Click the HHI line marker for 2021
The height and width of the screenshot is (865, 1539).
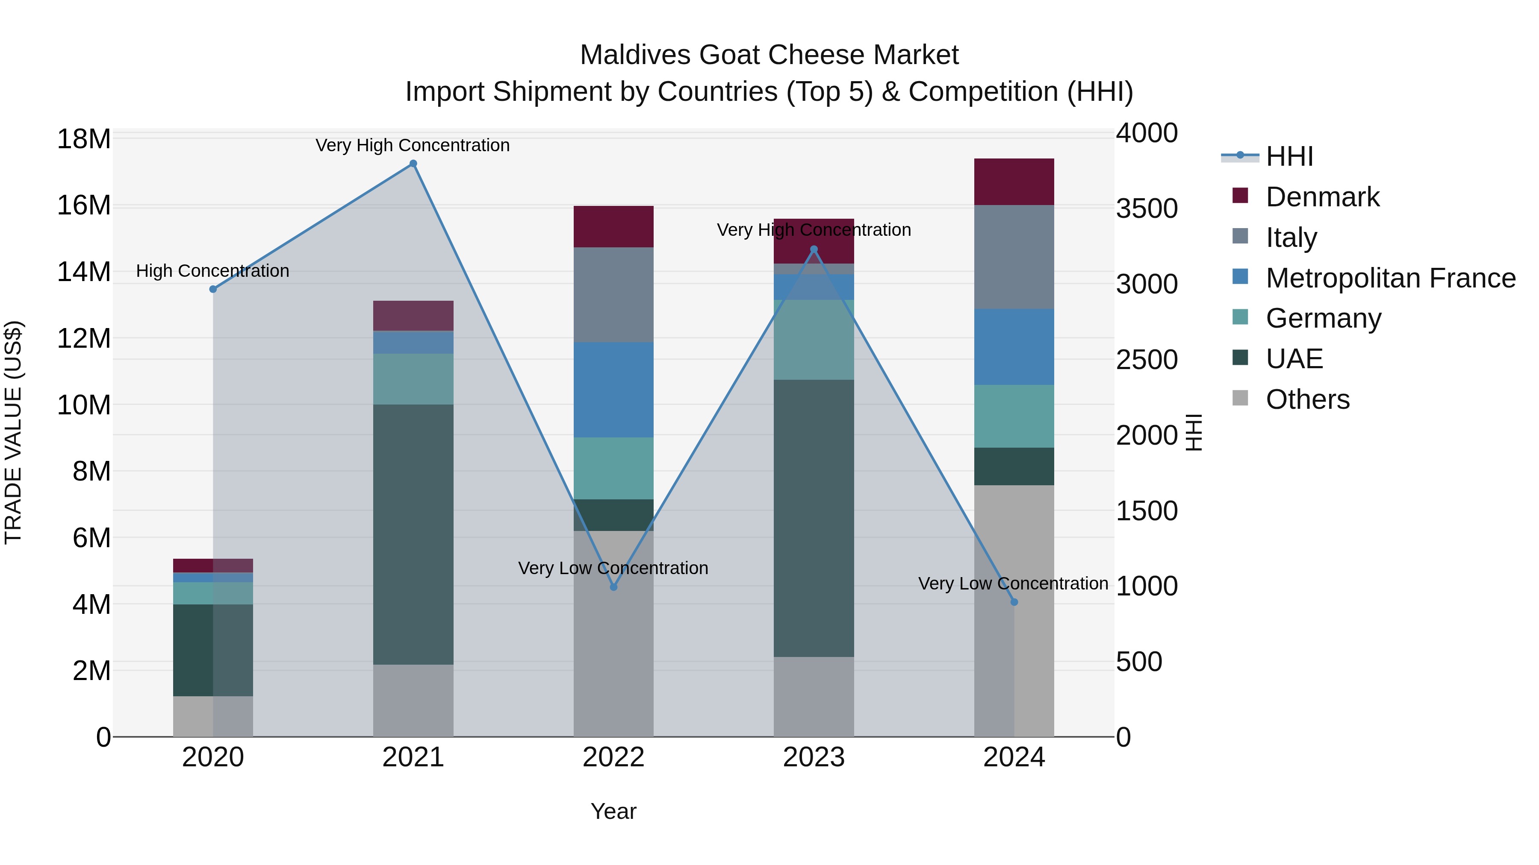(413, 164)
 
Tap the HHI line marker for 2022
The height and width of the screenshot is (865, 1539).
(613, 587)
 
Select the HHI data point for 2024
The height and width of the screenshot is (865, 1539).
(1014, 602)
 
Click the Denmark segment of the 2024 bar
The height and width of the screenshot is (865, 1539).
(1014, 182)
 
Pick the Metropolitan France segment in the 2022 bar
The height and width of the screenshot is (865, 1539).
(613, 390)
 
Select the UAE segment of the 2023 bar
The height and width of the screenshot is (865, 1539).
(814, 518)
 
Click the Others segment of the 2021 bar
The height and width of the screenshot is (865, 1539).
(413, 700)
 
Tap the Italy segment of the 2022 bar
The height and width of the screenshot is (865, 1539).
(613, 295)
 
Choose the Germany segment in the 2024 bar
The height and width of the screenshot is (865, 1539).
(1014, 416)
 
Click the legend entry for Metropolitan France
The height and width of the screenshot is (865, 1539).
(1390, 278)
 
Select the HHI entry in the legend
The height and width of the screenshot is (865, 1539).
(1289, 156)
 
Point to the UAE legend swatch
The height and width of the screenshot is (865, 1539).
(1240, 358)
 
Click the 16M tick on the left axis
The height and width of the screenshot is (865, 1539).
(84, 205)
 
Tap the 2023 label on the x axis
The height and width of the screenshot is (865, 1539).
(814, 757)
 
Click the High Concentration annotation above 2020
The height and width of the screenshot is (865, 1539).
(213, 271)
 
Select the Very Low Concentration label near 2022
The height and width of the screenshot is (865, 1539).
(613, 568)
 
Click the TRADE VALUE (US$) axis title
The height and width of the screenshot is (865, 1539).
(14, 432)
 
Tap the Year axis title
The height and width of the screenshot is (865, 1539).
(613, 811)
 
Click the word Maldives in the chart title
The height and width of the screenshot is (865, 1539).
(635, 55)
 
